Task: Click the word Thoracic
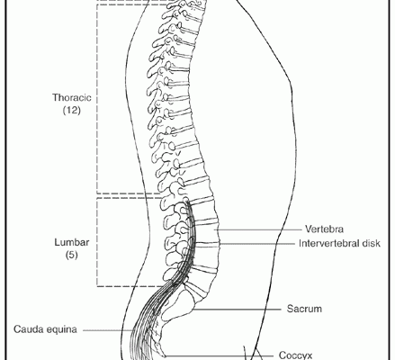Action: coord(72,97)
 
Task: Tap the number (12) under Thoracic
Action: coord(72,110)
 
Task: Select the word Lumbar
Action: coord(72,242)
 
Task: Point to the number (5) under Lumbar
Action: coord(72,255)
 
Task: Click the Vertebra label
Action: coord(324,229)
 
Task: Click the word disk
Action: coord(371,243)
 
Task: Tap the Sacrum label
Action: coord(304,309)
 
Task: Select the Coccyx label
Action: coord(296,355)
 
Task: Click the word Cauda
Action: coord(28,329)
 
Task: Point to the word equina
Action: coord(62,330)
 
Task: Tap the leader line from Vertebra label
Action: coord(259,229)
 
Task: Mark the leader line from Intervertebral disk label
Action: coord(257,244)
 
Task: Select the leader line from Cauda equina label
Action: coord(107,330)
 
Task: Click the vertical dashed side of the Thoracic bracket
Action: coord(97,99)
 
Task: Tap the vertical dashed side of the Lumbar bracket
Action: coord(97,242)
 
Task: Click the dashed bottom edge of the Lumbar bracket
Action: coord(133,286)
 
